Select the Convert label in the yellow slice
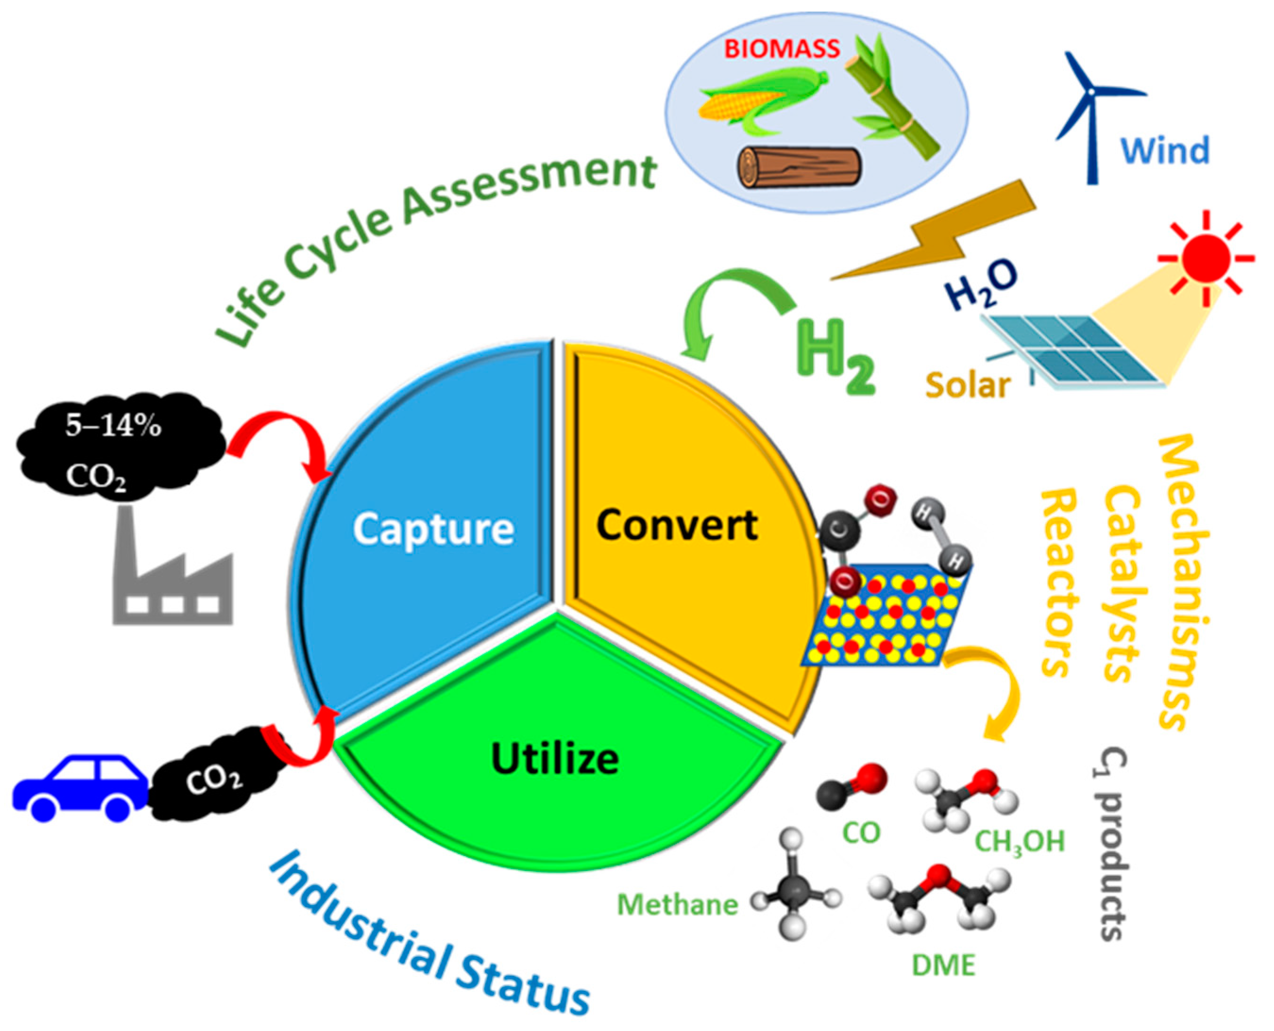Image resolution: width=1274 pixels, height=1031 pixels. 677,525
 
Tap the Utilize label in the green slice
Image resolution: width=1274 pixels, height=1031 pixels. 555,759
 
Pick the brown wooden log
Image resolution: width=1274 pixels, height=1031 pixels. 799,167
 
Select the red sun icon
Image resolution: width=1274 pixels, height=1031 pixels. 1206,259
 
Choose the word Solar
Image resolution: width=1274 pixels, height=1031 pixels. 968,385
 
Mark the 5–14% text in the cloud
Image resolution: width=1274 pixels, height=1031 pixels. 113,426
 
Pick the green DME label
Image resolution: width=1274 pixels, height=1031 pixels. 944,965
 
